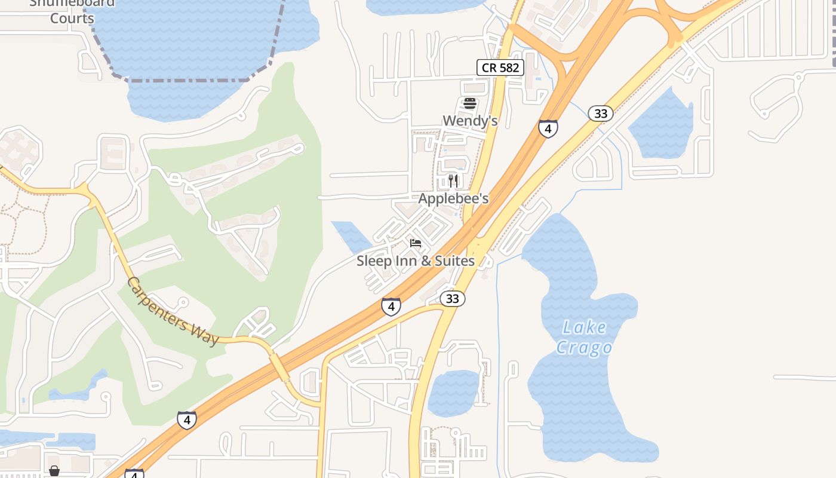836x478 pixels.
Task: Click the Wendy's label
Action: click(470, 121)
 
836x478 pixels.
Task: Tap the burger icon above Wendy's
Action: click(470, 103)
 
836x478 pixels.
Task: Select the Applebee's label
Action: click(453, 198)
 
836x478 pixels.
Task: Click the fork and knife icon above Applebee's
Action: click(453, 180)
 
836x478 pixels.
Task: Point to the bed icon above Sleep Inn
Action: click(416, 243)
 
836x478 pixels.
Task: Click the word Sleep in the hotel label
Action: click(374, 261)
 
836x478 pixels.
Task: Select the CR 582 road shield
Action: click(500, 68)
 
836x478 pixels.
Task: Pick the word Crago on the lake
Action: click(584, 348)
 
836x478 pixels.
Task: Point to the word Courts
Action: click(72, 18)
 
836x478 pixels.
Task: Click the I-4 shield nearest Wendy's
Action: click(548, 128)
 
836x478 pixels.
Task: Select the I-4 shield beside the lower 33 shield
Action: click(391, 307)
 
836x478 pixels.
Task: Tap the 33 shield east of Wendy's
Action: click(600, 114)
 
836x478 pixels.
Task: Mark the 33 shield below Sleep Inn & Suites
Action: click(453, 298)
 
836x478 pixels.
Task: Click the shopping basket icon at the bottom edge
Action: click(54, 471)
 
